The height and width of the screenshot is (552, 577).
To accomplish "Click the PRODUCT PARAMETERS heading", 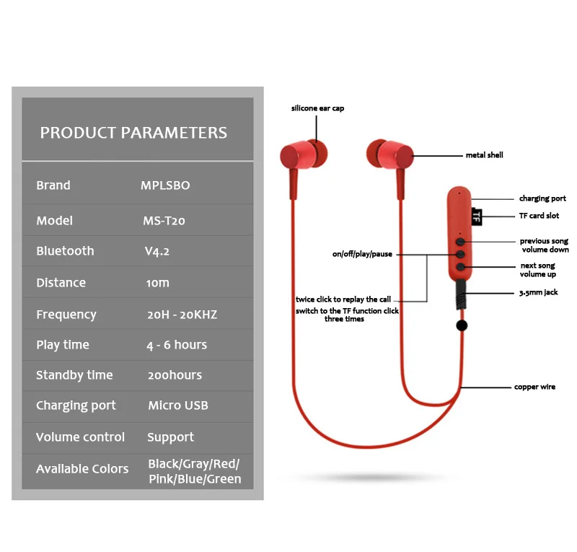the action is (133, 133).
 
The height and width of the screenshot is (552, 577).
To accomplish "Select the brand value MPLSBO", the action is (165, 185).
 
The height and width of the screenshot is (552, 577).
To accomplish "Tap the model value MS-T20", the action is (164, 221).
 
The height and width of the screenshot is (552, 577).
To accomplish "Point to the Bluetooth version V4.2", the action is (157, 251).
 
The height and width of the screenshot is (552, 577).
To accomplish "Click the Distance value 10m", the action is (157, 282).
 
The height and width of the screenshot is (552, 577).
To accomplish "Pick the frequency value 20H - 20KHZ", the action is (182, 315).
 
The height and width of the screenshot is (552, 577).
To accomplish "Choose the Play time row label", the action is (63, 345).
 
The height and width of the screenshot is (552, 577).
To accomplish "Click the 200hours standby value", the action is (175, 375).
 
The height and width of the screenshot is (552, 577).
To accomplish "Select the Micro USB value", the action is (178, 405).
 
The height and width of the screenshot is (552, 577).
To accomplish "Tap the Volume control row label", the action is (80, 437).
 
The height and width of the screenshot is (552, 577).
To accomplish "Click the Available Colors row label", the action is (82, 468).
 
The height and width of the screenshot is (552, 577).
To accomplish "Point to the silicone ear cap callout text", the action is (317, 108).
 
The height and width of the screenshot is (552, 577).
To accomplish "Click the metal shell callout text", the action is (484, 155).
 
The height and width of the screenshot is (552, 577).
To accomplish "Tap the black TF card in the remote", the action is (477, 216).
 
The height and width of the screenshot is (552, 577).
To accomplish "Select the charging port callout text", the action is (542, 198).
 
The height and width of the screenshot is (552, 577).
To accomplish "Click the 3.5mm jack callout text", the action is (538, 292).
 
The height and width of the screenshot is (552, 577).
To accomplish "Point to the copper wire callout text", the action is (534, 387).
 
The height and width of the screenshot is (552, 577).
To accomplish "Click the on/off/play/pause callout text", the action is (362, 254).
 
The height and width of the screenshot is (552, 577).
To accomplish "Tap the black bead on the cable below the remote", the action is (462, 325).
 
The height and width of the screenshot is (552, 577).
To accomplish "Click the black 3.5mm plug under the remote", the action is (461, 294).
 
